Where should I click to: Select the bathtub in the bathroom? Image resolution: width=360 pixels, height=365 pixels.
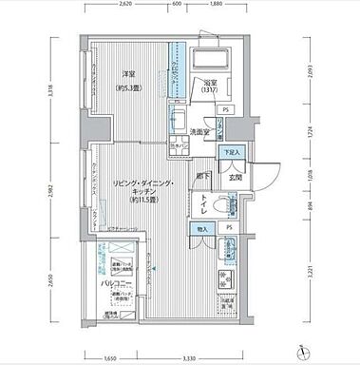pos(210,63)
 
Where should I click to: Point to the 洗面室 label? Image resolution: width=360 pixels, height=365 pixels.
pos(199,131)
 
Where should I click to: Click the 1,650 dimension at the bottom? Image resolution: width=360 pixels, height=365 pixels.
pos(112,357)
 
